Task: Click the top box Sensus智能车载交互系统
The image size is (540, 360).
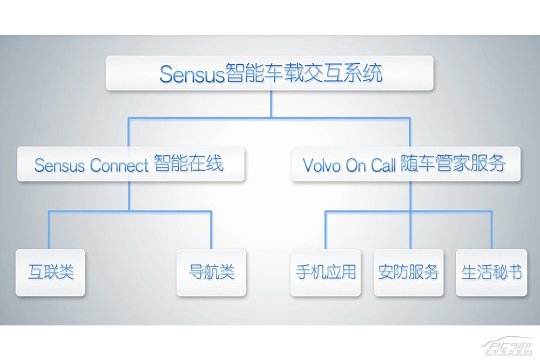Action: pos(269,73)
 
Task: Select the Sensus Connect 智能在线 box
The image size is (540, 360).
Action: pos(131,164)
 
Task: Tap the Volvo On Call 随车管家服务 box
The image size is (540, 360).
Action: pos(406,164)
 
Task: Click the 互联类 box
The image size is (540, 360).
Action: pos(50,272)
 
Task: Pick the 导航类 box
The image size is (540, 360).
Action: pos(211,272)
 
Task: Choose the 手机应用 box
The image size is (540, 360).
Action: pos(326,272)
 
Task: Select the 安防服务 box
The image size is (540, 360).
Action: pos(409,272)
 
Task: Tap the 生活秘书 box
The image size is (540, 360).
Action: pos(491,272)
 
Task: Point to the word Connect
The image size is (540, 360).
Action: pos(119,165)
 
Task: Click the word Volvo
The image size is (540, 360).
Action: pos(322,165)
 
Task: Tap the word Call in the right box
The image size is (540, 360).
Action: pos(383,165)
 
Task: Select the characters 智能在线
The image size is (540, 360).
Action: pos(188,163)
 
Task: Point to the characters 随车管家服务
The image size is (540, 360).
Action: pos(453,163)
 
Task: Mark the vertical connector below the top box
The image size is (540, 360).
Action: pos(272,104)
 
